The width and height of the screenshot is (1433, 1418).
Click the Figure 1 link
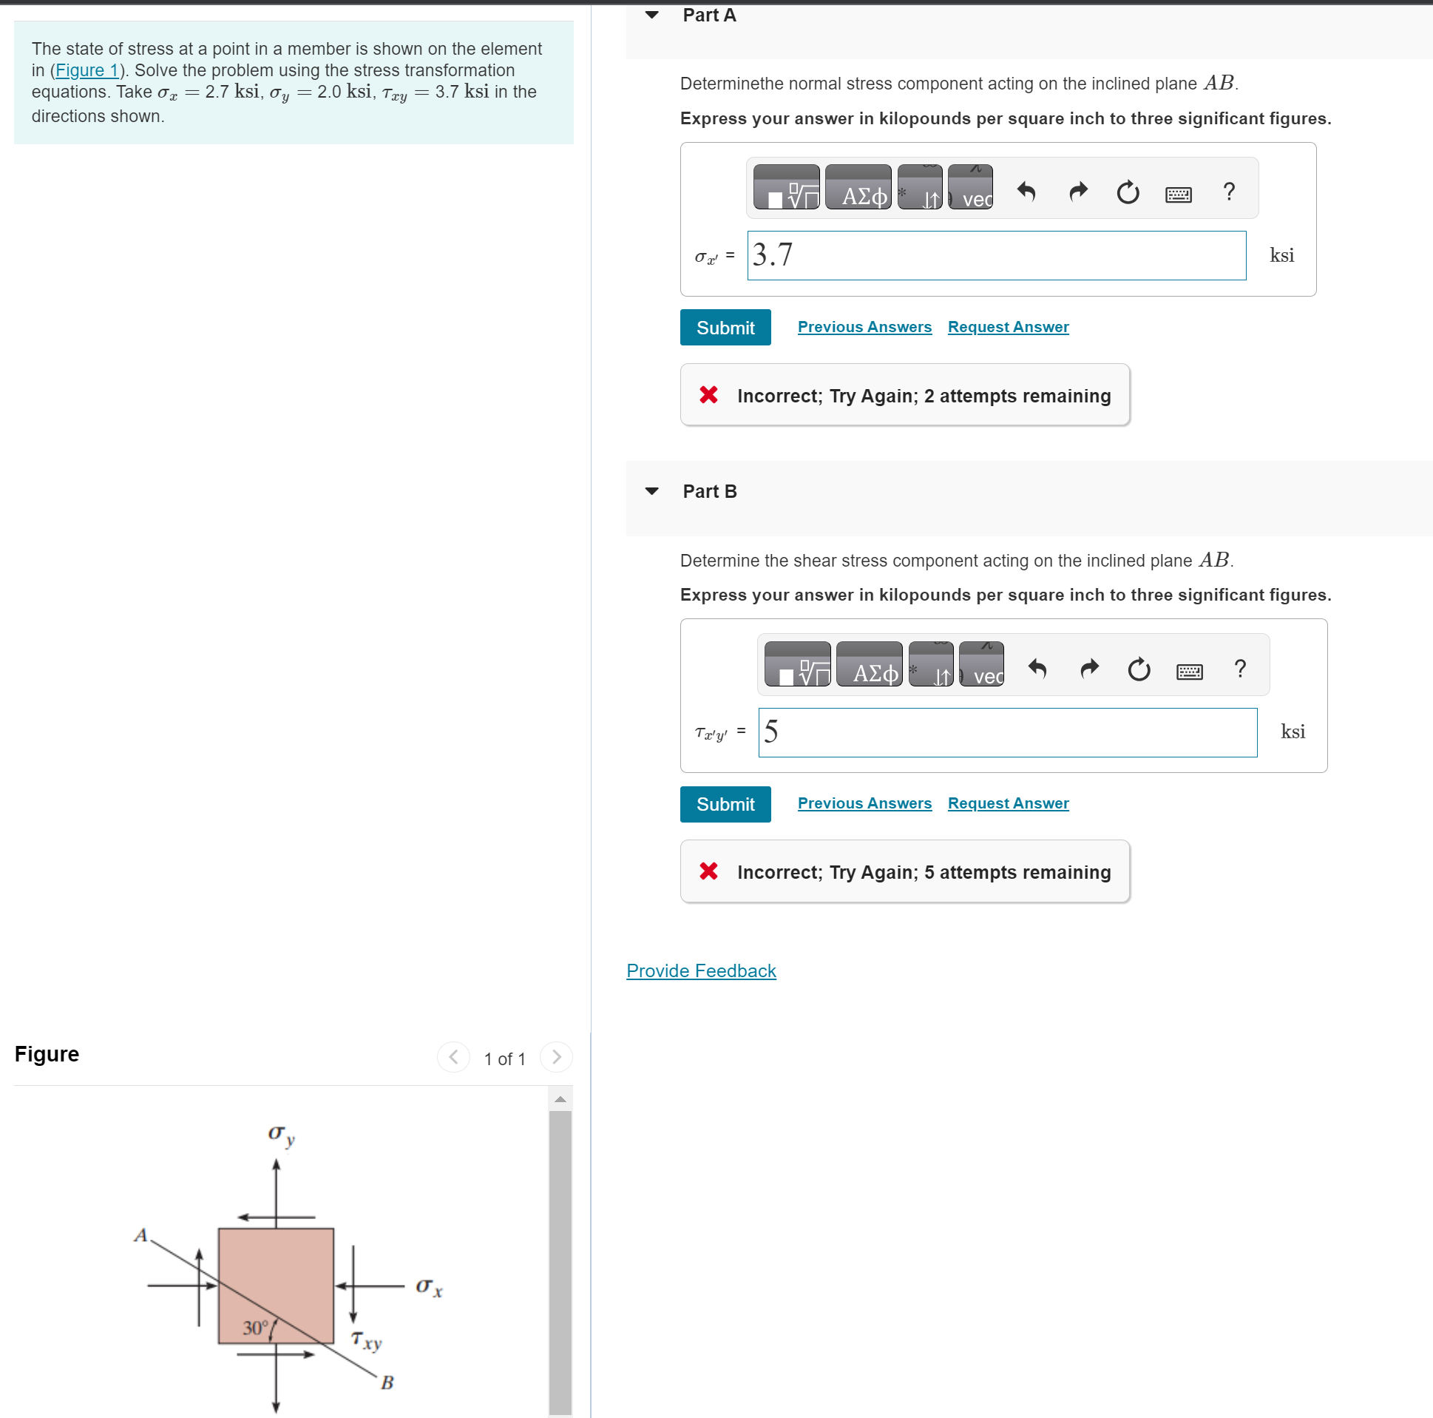[x=87, y=70]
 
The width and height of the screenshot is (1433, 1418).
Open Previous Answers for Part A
[x=864, y=327]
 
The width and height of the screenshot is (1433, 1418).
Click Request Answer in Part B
[x=1008, y=803]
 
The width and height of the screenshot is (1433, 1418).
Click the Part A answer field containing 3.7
[x=996, y=255]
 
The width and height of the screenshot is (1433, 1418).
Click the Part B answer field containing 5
[x=1007, y=732]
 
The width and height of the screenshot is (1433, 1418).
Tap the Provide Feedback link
[x=701, y=970]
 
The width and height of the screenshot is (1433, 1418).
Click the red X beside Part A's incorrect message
[x=708, y=395]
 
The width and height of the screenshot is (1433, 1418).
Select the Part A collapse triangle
[x=652, y=15]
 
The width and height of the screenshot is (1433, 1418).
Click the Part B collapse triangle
[x=652, y=491]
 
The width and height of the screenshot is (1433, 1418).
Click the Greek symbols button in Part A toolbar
[x=858, y=187]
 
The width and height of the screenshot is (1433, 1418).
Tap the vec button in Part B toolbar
[x=981, y=664]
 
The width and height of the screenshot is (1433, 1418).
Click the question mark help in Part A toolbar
[x=1229, y=192]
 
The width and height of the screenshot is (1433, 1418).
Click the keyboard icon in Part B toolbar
[x=1190, y=672]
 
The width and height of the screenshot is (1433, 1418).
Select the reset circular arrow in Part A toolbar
[x=1128, y=192]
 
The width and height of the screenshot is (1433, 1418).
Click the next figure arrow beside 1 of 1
[x=556, y=1056]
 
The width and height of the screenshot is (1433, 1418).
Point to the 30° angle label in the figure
[x=255, y=1328]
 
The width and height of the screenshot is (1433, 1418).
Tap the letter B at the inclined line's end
[x=387, y=1382]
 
